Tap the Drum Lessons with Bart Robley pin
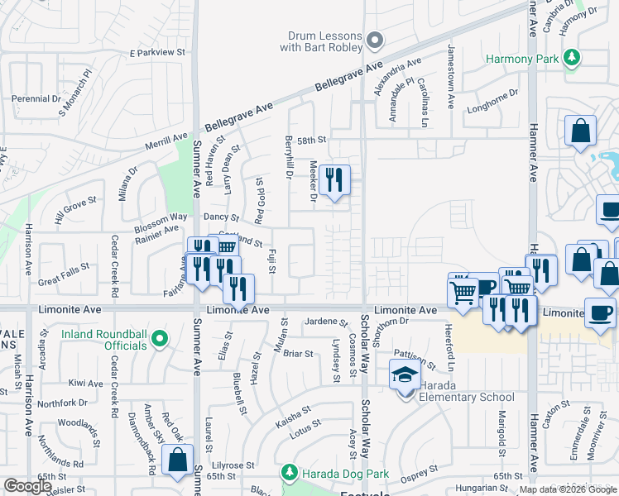(374, 40)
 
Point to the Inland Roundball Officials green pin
(161, 339)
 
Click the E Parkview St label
(157, 52)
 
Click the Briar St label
(298, 354)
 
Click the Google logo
(27, 486)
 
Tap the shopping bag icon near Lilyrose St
(177, 460)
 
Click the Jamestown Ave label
(451, 79)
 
